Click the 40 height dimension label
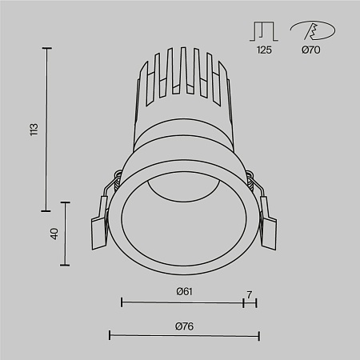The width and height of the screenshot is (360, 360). point(54,234)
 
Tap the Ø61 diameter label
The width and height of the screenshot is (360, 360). point(185,291)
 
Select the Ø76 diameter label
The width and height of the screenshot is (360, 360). point(185,325)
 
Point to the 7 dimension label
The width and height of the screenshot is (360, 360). point(250,295)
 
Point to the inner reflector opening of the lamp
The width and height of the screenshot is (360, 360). point(184,213)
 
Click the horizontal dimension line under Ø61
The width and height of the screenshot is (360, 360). point(182,302)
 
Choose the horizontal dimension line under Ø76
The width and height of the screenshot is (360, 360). point(183,336)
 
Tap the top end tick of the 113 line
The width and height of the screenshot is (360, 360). point(46,49)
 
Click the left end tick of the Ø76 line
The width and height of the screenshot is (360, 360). point(109,336)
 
